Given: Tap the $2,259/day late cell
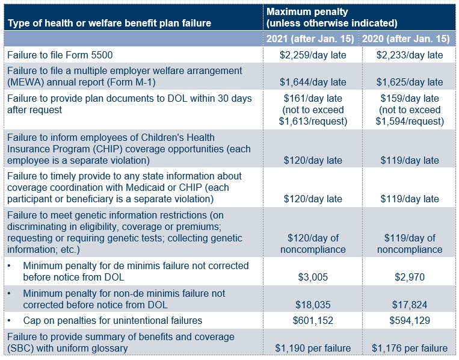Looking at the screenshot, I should pyautogui.click(x=312, y=55).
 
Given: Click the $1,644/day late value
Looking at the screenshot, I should pyautogui.click(x=312, y=82).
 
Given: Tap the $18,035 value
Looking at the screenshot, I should pyautogui.click(x=312, y=305).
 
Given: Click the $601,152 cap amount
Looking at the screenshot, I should pyautogui.click(x=312, y=320).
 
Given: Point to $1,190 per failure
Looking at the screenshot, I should pyautogui.click(x=312, y=348).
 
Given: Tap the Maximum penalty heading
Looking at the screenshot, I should pyautogui.click(x=307, y=12).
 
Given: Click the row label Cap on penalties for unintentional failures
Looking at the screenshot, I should pyautogui.click(x=112, y=320).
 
